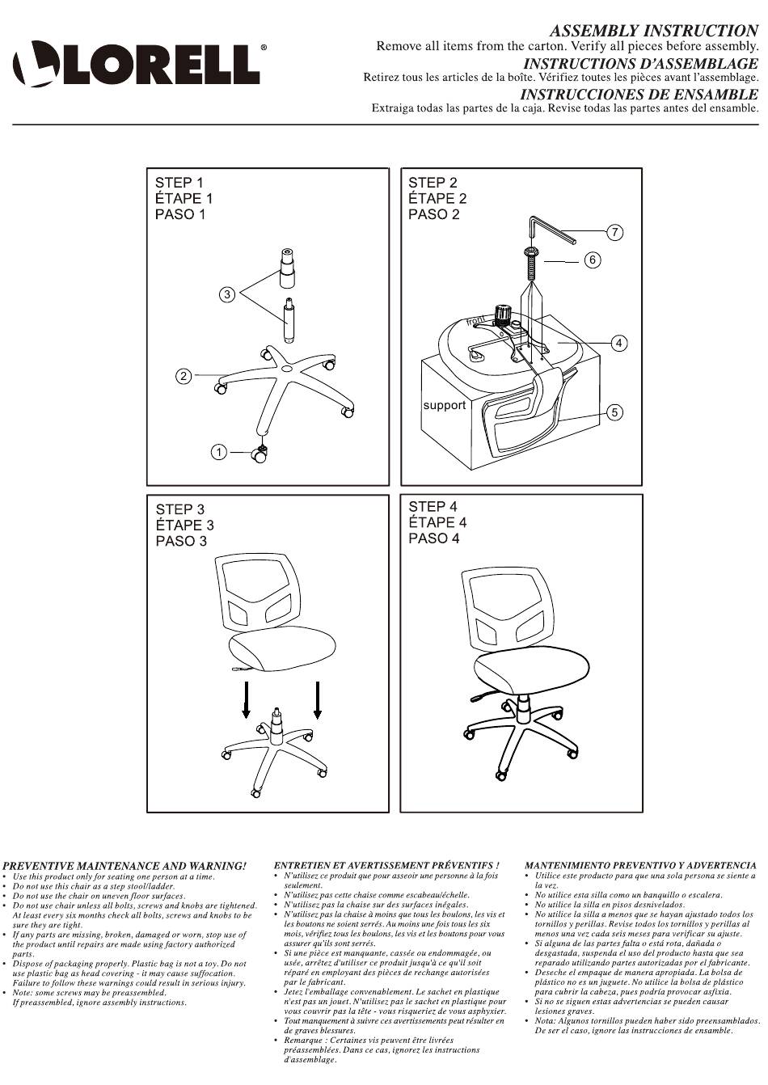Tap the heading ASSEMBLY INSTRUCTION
[x=654, y=31]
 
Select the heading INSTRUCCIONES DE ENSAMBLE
[x=639, y=94]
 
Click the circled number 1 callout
[x=219, y=453]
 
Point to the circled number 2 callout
[x=183, y=376]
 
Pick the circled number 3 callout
[x=227, y=294]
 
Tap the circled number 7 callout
[x=614, y=232]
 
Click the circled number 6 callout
[x=593, y=260]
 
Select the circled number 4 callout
[x=619, y=343]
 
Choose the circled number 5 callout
[x=614, y=412]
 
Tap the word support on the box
[x=444, y=405]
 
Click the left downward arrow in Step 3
[x=246, y=699]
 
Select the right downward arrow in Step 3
[x=318, y=699]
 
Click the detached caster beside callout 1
[x=259, y=454]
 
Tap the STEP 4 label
[x=433, y=507]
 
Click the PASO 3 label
[x=181, y=541]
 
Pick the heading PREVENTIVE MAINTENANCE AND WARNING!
[x=124, y=866]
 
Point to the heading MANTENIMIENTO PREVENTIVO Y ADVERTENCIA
[x=640, y=865]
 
